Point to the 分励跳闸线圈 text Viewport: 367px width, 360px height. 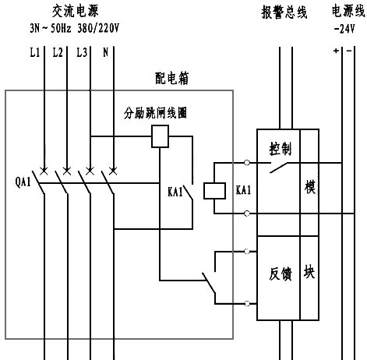[156, 112]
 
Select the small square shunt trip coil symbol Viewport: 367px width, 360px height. [160, 137]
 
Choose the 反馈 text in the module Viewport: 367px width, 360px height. [280, 274]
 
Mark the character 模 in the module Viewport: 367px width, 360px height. [309, 189]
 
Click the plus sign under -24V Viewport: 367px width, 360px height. [336, 51]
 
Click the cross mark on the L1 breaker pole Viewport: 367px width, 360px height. [44, 169]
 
